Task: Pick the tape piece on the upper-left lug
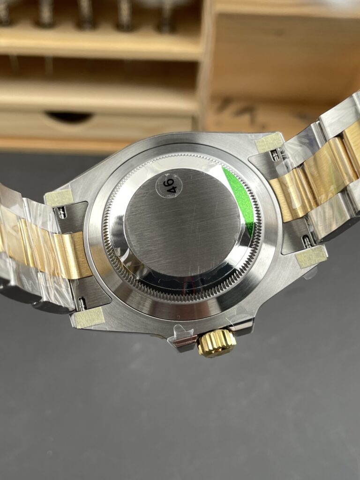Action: click(x=59, y=197)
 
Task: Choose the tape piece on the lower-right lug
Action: click(x=311, y=256)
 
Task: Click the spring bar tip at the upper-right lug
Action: click(x=276, y=155)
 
